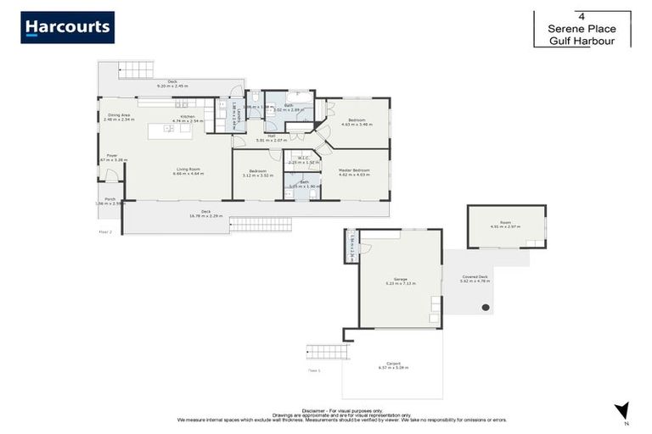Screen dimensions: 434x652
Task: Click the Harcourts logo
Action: [x=68, y=28]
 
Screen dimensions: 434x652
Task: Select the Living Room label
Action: [x=188, y=170]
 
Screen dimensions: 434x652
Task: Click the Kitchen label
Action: [x=187, y=116]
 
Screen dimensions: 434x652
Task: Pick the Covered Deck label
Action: [x=475, y=276]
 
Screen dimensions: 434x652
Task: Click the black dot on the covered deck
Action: [x=486, y=308]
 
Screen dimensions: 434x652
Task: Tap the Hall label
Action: [x=271, y=136]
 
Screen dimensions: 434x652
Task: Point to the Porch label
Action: [x=110, y=199]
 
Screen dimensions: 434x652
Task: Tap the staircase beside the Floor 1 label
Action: [x=327, y=351]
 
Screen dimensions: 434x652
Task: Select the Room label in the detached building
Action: [x=506, y=223]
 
